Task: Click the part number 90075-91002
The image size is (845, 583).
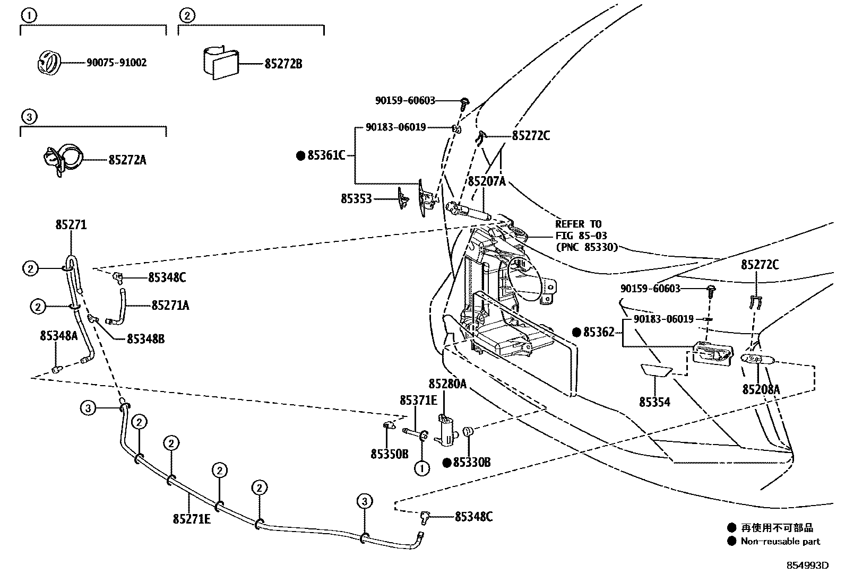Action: (116, 63)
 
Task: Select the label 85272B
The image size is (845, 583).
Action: (283, 64)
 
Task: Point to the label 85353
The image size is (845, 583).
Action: (356, 199)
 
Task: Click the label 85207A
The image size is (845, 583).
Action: (486, 181)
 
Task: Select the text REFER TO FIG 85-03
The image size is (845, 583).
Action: (582, 230)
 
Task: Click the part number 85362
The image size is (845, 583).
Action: (599, 332)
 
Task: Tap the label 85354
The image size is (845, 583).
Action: (654, 402)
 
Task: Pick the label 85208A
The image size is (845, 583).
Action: (761, 389)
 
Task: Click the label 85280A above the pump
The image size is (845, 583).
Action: (447, 384)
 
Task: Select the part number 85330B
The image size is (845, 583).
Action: (471, 463)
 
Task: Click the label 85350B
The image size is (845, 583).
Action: (390, 454)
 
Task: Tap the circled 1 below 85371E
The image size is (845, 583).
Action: (422, 468)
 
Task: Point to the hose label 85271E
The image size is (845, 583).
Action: (192, 518)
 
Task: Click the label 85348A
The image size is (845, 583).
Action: (58, 335)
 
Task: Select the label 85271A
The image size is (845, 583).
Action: (170, 305)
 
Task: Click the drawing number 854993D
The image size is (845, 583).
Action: (807, 565)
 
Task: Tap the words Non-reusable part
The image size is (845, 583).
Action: (780, 542)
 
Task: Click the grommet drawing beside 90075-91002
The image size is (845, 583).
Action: (49, 62)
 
